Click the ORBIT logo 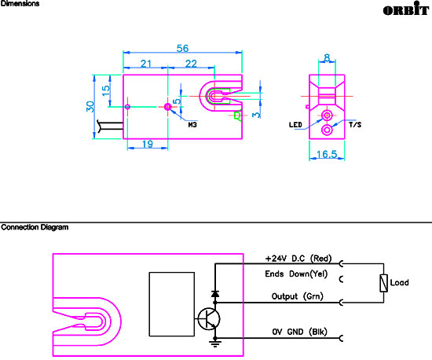click(x=406, y=9)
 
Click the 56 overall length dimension click(x=182, y=49)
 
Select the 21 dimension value click(x=146, y=64)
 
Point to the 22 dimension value click(x=191, y=64)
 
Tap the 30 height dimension click(x=90, y=107)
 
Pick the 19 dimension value click(x=148, y=144)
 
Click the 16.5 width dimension click(x=327, y=154)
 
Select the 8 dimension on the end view click(x=327, y=58)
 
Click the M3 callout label click(x=192, y=125)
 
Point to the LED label click(x=295, y=125)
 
